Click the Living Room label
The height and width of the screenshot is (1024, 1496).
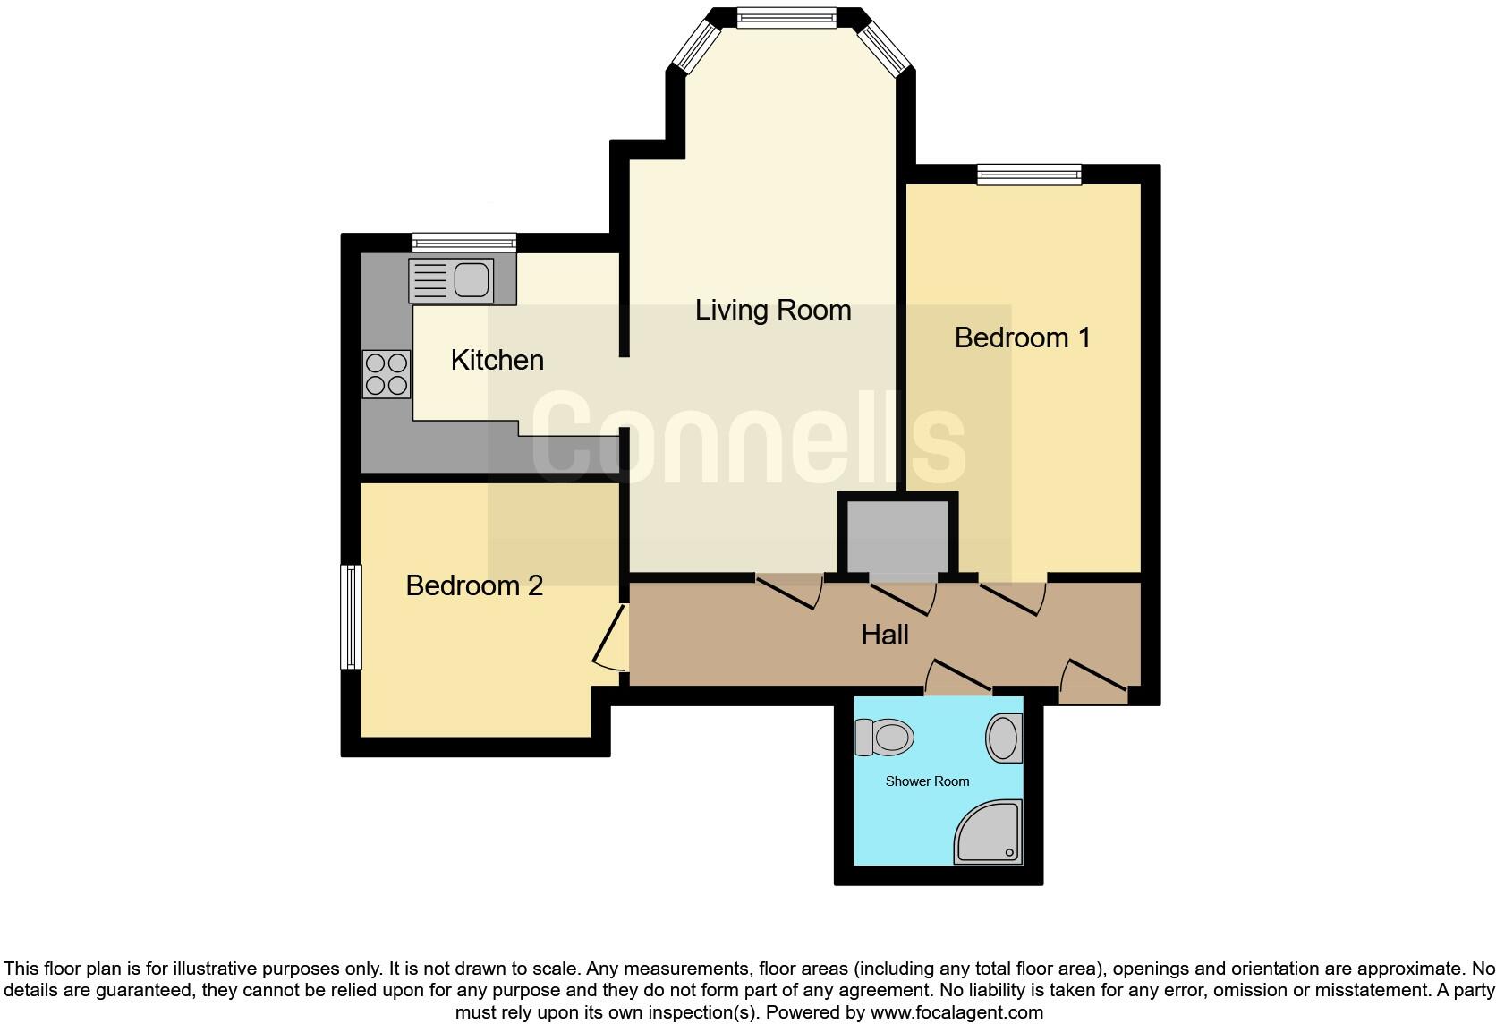pyautogui.click(x=773, y=311)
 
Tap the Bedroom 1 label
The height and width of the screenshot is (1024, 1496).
pyautogui.click(x=1022, y=337)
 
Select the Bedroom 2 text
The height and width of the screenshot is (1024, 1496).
pyautogui.click(x=474, y=585)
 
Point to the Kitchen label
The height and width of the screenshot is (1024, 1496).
pyautogui.click(x=497, y=360)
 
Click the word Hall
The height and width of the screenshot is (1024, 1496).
pyautogui.click(x=884, y=635)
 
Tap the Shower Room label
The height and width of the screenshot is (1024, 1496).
pyautogui.click(x=927, y=781)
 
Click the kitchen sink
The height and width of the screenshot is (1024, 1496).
pyautogui.click(x=451, y=280)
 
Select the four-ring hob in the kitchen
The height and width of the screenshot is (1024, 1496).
pyautogui.click(x=387, y=374)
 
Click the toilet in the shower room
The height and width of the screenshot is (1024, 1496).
pyautogui.click(x=883, y=738)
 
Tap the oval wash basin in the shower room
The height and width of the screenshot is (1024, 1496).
pyautogui.click(x=1004, y=738)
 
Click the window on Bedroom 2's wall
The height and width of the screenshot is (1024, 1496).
pyautogui.click(x=352, y=617)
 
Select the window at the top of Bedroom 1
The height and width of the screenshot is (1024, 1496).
pyautogui.click(x=1029, y=175)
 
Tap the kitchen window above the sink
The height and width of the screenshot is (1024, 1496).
pyautogui.click(x=464, y=242)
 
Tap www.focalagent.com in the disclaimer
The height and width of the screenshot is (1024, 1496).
pyautogui.click(x=956, y=1012)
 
